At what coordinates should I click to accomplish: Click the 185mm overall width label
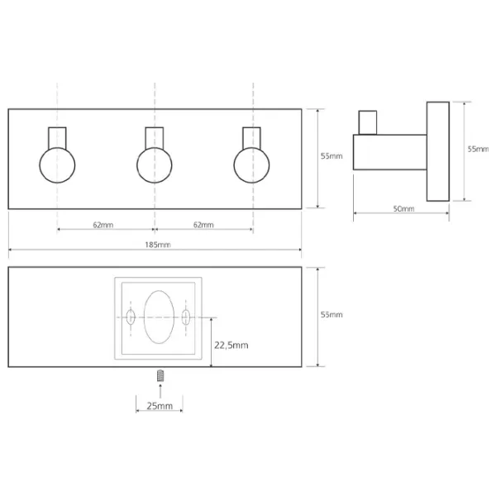[x=158, y=245]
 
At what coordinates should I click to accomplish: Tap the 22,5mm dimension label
[x=231, y=345]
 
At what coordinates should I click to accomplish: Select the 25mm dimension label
[x=160, y=406]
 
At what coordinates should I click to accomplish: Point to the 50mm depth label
[x=403, y=209]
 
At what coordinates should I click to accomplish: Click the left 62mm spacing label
[x=103, y=225]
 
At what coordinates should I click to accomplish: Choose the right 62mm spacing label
[x=203, y=225]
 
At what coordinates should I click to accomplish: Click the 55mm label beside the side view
[x=478, y=149]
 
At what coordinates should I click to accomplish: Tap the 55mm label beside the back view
[x=331, y=315]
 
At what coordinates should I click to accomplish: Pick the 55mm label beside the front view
[x=331, y=156]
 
